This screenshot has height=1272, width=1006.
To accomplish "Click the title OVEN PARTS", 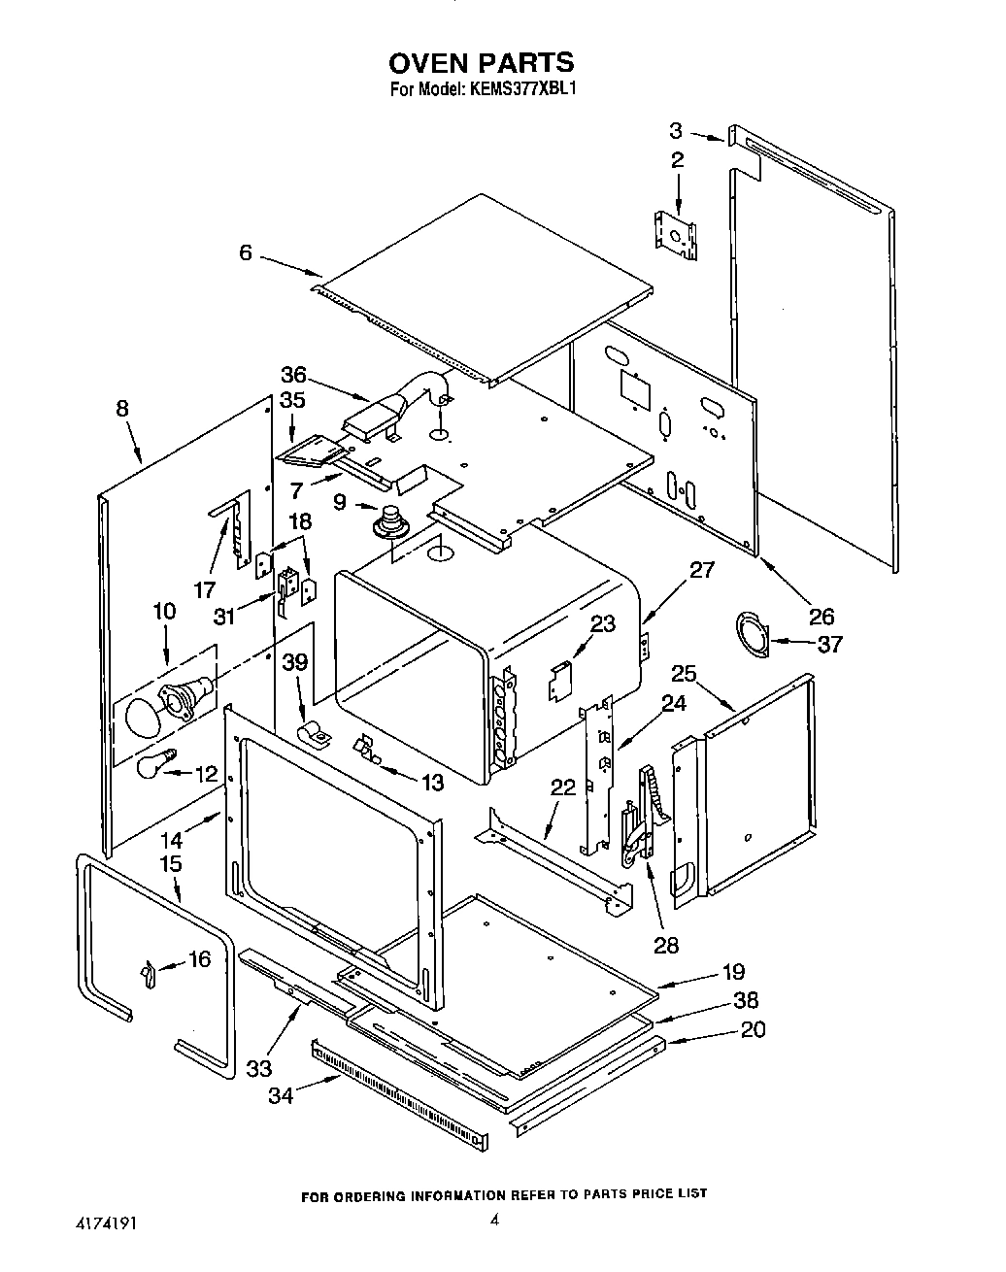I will pos(482,64).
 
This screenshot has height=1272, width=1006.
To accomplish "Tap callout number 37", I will pos(830,643).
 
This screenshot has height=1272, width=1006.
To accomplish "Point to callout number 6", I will pos(245,252).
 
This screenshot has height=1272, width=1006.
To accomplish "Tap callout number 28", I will pos(666,944).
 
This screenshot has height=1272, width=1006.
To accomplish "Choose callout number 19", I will pos(733,972).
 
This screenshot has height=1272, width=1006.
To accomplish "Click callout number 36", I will pos(293,375).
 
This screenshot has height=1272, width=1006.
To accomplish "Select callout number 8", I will pos(122,409).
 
